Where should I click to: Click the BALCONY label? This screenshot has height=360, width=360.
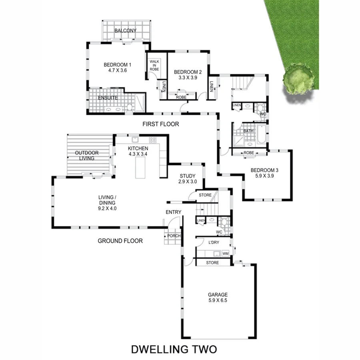click(x=126, y=31)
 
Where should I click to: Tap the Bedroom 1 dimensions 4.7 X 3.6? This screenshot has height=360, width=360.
click(x=117, y=70)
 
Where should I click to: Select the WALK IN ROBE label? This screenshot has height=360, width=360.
click(x=154, y=66)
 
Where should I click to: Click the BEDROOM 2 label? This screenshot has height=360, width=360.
click(x=188, y=72)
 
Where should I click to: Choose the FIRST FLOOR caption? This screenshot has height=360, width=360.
click(x=160, y=124)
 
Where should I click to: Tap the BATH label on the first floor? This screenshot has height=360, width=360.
click(x=248, y=131)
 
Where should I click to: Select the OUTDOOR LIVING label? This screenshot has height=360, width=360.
click(x=87, y=156)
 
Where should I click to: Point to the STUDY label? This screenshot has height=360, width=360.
click(x=187, y=176)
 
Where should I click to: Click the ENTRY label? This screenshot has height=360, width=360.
click(x=173, y=212)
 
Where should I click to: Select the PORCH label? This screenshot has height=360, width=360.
click(x=174, y=236)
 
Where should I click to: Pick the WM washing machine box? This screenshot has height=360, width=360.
click(x=225, y=254)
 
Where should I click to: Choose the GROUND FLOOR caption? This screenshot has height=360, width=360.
click(x=120, y=241)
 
